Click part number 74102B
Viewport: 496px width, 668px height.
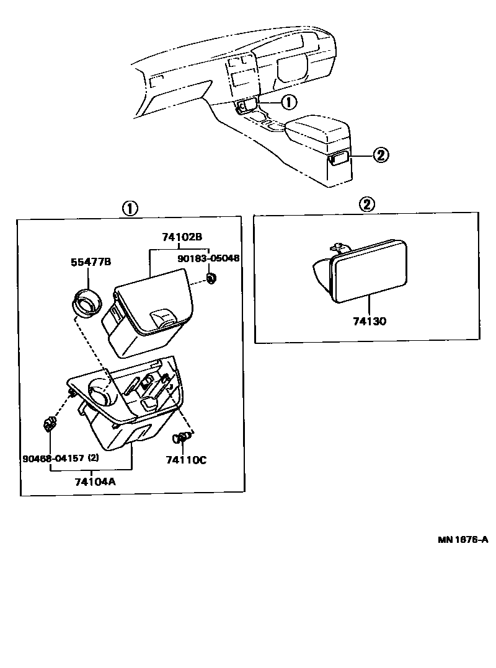(182, 237)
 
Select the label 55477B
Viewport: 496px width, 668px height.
(90, 262)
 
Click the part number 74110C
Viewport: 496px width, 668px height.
(185, 459)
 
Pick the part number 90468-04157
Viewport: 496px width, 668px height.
(53, 459)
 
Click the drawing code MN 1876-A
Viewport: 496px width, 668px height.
(463, 539)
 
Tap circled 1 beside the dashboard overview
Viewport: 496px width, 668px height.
(289, 102)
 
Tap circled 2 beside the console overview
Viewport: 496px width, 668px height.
(381, 156)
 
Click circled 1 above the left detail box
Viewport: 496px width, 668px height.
(129, 209)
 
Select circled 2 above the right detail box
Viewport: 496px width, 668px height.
(367, 204)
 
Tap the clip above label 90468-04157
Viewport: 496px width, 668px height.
(49, 424)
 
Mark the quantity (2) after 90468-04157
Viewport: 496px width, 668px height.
(94, 459)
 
